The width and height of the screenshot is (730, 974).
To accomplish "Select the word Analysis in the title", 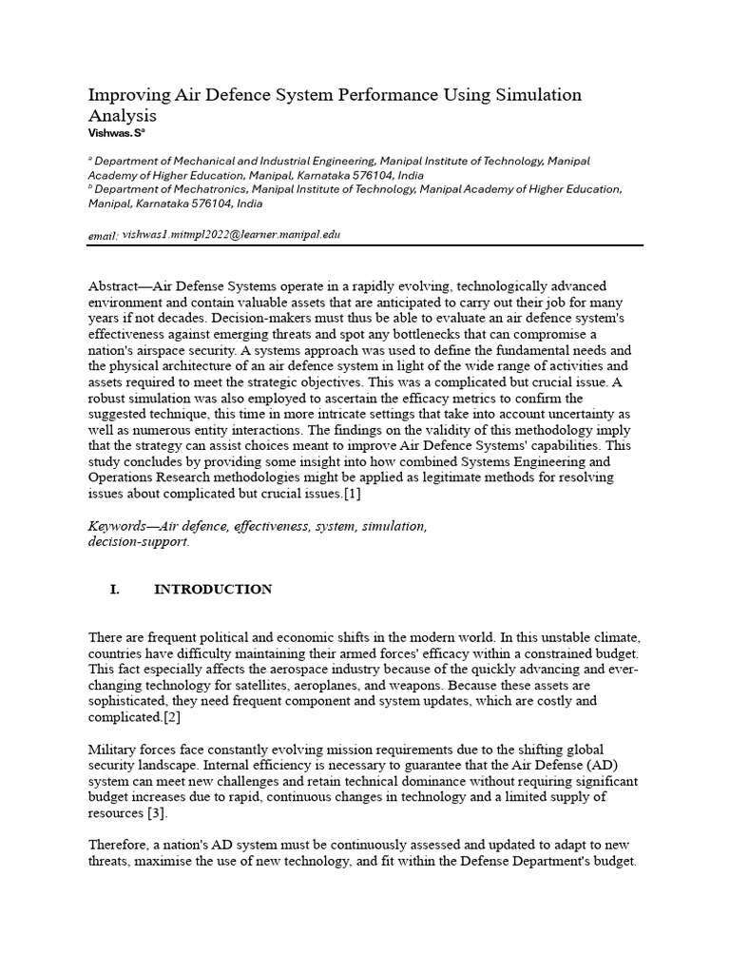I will point(122,116).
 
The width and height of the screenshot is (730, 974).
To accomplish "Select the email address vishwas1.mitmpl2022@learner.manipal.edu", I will point(232,234).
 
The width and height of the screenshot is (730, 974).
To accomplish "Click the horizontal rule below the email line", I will point(365,245).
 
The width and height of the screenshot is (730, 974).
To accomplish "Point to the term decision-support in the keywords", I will point(138,541).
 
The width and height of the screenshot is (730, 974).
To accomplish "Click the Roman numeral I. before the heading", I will point(115,590).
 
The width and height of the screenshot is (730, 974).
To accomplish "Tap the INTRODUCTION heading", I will point(213,590).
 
